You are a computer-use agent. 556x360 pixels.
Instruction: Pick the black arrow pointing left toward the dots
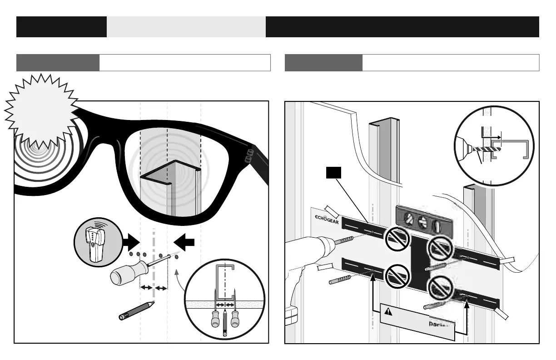coord(184,243)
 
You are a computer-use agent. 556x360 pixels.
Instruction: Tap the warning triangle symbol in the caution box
coord(388,312)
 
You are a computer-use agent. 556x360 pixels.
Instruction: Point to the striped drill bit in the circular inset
coord(485,149)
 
